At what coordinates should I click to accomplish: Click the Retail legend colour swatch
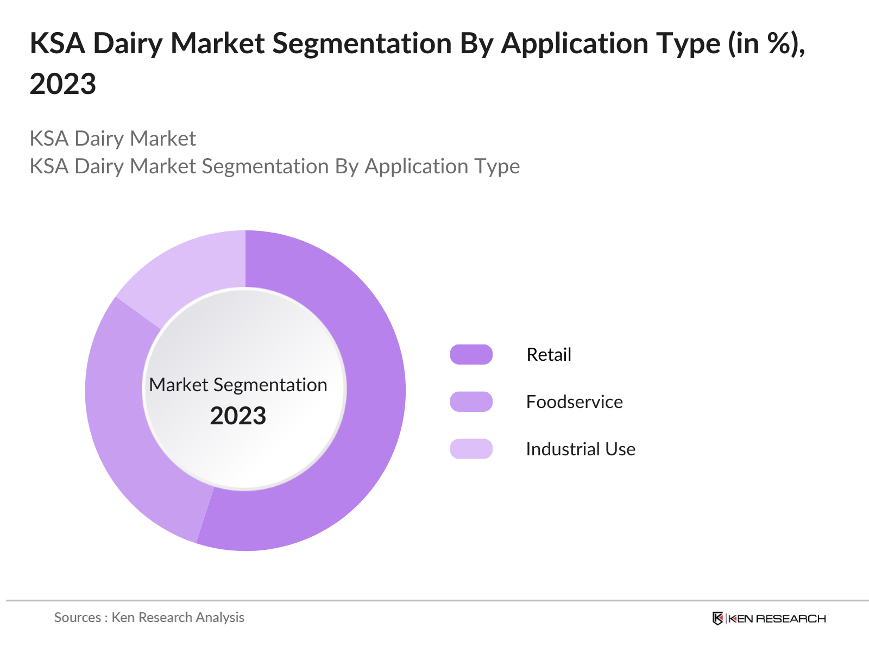pos(471,354)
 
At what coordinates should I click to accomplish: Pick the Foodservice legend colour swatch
pos(471,402)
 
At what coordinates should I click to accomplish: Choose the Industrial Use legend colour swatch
pos(471,449)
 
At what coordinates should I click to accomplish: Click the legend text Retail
pos(549,354)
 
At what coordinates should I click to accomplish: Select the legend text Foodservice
pos(574,402)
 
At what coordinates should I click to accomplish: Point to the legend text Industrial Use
pos(580,449)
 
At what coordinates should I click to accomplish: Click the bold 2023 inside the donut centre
pos(238,416)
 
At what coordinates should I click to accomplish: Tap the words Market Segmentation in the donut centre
pos(238,385)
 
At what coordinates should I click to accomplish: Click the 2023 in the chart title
pos(62,84)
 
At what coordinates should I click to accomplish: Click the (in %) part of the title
pos(766,43)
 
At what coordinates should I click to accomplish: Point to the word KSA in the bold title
pos(57,43)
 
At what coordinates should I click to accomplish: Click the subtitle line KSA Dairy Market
pos(112,139)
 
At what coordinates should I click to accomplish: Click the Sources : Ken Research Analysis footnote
pos(149,617)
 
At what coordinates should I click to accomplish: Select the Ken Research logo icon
pos(717,618)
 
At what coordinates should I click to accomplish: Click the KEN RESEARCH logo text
pos(777,618)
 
